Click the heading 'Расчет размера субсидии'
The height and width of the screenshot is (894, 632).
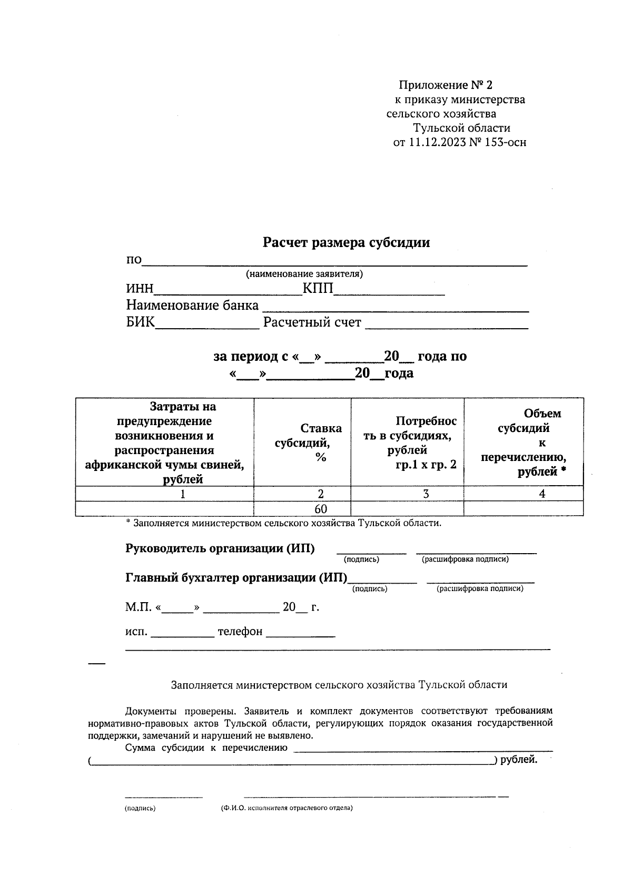346,243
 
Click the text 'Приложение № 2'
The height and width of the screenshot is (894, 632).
445,85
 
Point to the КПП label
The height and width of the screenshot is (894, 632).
318,289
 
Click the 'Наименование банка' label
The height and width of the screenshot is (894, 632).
192,306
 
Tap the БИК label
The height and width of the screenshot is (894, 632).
140,322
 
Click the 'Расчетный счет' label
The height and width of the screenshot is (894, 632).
312,322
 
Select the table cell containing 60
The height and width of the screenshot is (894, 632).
320,509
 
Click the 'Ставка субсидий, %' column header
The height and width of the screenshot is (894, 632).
309,443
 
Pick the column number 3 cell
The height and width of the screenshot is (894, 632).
426,494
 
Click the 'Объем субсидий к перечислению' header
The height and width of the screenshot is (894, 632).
524,443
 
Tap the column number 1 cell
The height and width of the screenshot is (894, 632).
183,494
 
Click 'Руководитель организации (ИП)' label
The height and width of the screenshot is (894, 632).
220,548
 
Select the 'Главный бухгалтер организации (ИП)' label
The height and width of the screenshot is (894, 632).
236,578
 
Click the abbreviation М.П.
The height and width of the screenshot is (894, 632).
138,607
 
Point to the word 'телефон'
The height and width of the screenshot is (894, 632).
240,632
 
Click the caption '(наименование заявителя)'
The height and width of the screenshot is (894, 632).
304,274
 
